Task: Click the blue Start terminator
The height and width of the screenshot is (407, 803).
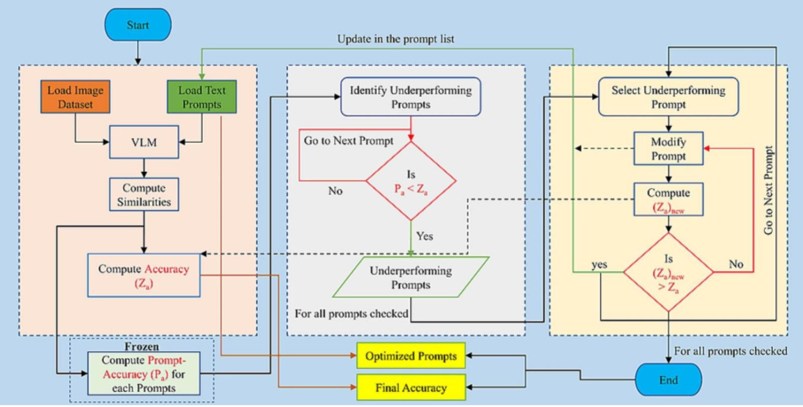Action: (136, 26)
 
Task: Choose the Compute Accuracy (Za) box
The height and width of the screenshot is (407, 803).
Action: (144, 274)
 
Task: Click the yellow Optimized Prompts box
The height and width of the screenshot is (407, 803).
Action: (411, 356)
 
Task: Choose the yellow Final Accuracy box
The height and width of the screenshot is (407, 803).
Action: (411, 387)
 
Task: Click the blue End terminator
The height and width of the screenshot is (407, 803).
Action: (668, 380)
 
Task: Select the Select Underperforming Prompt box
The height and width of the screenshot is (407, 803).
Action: (668, 97)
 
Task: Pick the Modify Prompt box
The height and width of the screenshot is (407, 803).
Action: (668, 148)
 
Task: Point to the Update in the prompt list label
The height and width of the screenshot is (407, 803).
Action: (397, 40)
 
